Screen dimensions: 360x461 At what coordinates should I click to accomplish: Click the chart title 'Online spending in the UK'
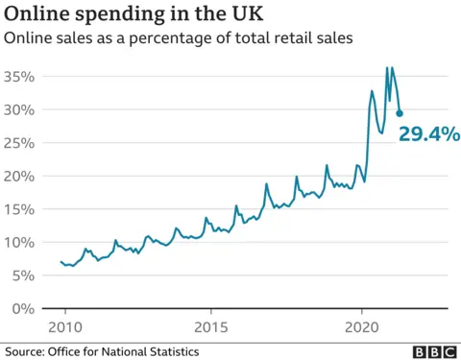coord(134,14)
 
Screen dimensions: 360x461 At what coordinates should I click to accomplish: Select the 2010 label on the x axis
coord(66,326)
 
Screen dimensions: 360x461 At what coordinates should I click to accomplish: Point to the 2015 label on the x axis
coord(214,326)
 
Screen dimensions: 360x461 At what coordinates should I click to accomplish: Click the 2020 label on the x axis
coord(362,326)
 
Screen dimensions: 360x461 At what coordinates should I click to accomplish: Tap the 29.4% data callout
coord(430,134)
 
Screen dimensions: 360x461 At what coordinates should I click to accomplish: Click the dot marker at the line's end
coord(400,113)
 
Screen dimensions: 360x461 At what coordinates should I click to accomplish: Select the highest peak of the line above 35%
coord(387,68)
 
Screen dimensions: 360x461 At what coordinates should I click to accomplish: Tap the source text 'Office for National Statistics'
coord(126,351)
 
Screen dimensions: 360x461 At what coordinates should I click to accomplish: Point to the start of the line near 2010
coord(61,261)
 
